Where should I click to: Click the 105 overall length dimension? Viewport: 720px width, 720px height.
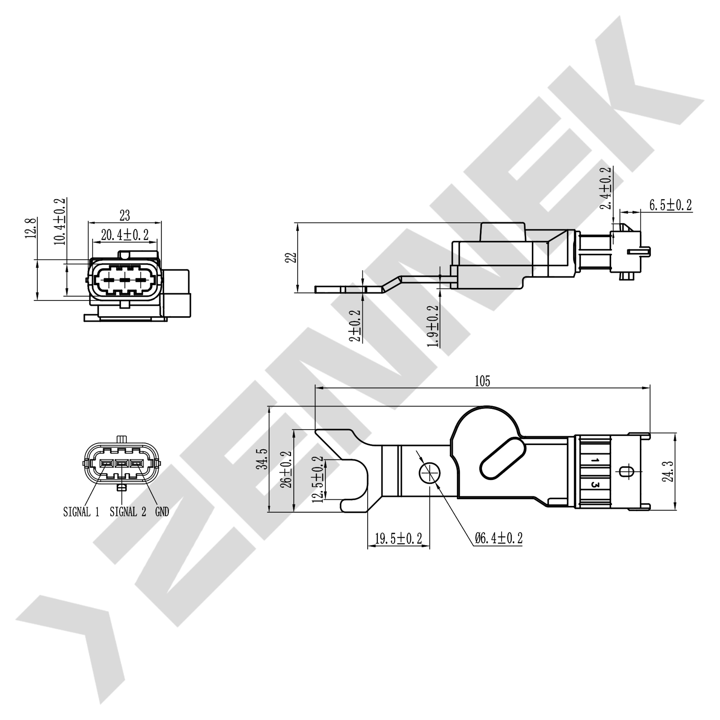(482, 382)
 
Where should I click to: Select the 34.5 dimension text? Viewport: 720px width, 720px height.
(261, 460)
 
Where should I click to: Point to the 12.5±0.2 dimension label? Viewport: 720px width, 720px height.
(317, 479)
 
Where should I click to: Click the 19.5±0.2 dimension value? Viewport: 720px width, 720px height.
(398, 539)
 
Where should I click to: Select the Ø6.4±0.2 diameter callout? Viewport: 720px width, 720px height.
(498, 539)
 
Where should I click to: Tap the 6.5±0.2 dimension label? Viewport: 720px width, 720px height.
(670, 205)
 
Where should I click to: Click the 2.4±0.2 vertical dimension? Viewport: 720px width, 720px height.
(607, 188)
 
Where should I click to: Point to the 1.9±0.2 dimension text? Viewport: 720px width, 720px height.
(433, 326)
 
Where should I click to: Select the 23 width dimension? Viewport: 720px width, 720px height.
(124, 215)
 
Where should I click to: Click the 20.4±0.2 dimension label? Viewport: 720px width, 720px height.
(125, 234)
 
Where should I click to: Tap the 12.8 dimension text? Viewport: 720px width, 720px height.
(31, 228)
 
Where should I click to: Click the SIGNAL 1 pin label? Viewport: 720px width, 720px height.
(81, 512)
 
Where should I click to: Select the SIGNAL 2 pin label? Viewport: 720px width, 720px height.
(128, 512)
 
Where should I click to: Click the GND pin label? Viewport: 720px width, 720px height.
(162, 512)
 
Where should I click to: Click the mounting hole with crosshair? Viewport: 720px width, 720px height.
(429, 473)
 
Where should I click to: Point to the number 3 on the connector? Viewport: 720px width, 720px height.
(595, 485)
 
